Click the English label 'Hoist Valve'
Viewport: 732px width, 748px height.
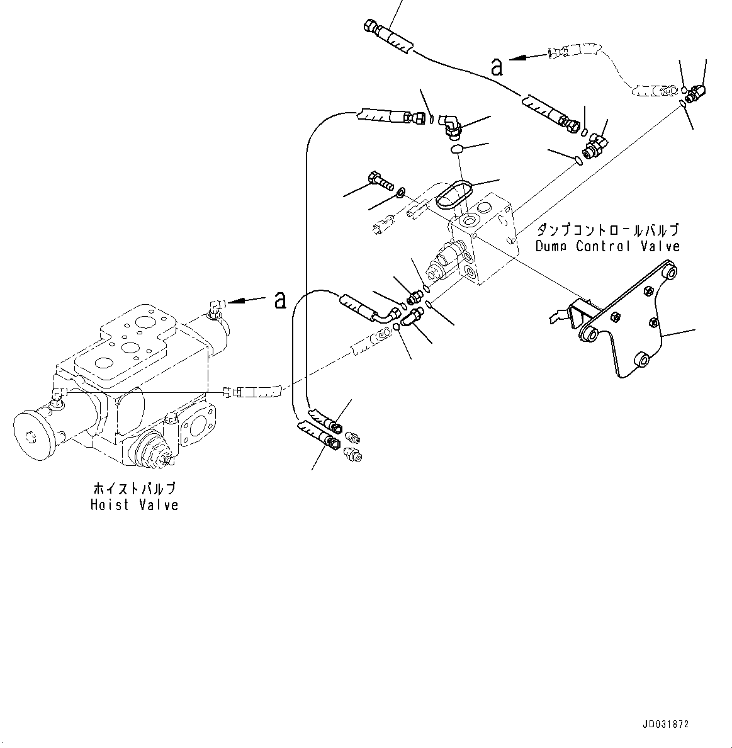tap(134, 505)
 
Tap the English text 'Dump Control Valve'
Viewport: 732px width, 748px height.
tap(607, 246)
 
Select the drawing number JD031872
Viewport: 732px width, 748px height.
tap(667, 725)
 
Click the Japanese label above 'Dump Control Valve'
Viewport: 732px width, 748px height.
tap(607, 230)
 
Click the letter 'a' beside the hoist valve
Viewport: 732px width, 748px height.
tap(280, 301)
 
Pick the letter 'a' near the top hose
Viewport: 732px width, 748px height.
tap(497, 67)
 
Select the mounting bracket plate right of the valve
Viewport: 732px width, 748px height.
tap(623, 327)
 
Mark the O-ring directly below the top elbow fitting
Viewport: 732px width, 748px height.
tap(459, 149)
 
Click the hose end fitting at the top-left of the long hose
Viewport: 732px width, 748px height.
tap(371, 27)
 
